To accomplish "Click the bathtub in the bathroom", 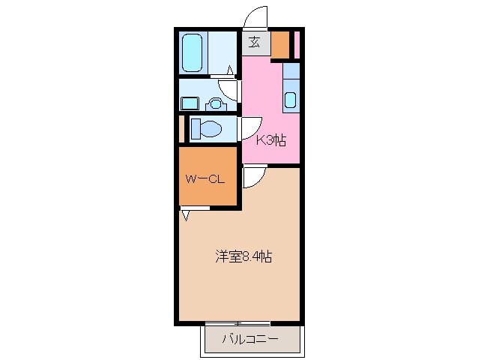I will pyautogui.click(x=193, y=51).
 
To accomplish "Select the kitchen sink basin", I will pyautogui.click(x=291, y=100).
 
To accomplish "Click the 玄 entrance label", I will pyautogui.click(x=254, y=42).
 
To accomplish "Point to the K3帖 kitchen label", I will pyautogui.click(x=271, y=139).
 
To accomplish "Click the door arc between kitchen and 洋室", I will pyautogui.click(x=252, y=177).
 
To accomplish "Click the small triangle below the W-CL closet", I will pyautogui.click(x=185, y=216).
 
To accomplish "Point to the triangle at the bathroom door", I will pyautogui.click(x=229, y=70).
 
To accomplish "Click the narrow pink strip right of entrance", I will pyautogui.click(x=297, y=45).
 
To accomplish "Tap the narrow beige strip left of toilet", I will pyautogui.click(x=181, y=129).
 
